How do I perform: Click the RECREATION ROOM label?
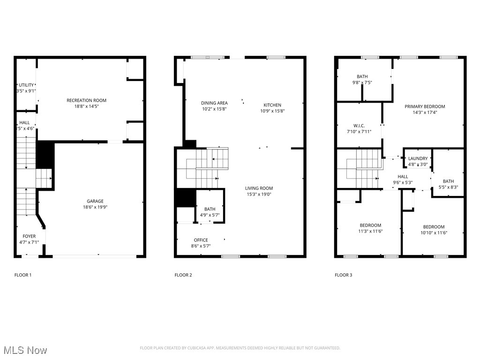point(86,100)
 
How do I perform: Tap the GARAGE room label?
point(95,201)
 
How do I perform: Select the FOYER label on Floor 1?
point(29,236)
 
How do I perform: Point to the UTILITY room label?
point(26,85)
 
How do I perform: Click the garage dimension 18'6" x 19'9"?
point(95,207)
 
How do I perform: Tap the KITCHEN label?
point(272,105)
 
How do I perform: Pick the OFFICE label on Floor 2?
point(201,240)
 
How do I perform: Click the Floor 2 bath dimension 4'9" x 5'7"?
point(210,215)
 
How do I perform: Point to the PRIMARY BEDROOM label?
point(425,106)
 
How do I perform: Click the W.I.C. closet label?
point(359,126)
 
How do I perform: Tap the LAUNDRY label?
point(418,158)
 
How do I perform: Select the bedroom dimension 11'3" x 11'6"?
point(370,231)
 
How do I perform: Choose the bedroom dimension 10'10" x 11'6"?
point(434,232)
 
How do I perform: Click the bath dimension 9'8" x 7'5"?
point(362,82)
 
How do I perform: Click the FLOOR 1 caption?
point(23,275)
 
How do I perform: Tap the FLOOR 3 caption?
point(343,275)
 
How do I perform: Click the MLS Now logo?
point(25,350)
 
